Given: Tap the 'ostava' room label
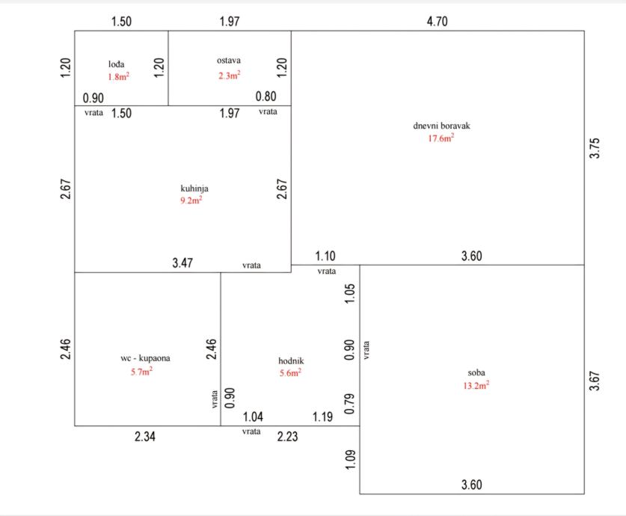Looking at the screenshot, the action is [229, 61].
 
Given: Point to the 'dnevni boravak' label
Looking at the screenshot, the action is [442, 126].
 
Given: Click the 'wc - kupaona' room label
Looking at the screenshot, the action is [145, 358].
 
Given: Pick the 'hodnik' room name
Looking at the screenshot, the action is [291, 360].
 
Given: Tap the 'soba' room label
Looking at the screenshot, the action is [476, 372].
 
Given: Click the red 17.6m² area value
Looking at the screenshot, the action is [441, 138].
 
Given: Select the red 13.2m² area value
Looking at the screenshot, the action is [476, 385].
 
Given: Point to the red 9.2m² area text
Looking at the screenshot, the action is [191, 200].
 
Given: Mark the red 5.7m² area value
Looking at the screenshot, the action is [141, 370].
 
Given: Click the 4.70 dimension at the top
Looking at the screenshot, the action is [437, 22].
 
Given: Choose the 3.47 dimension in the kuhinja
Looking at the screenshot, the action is [182, 262].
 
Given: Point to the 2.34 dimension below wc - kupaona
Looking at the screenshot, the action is [145, 437].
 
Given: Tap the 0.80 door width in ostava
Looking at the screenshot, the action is [266, 96].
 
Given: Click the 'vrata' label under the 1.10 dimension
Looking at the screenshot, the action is [326, 271].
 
